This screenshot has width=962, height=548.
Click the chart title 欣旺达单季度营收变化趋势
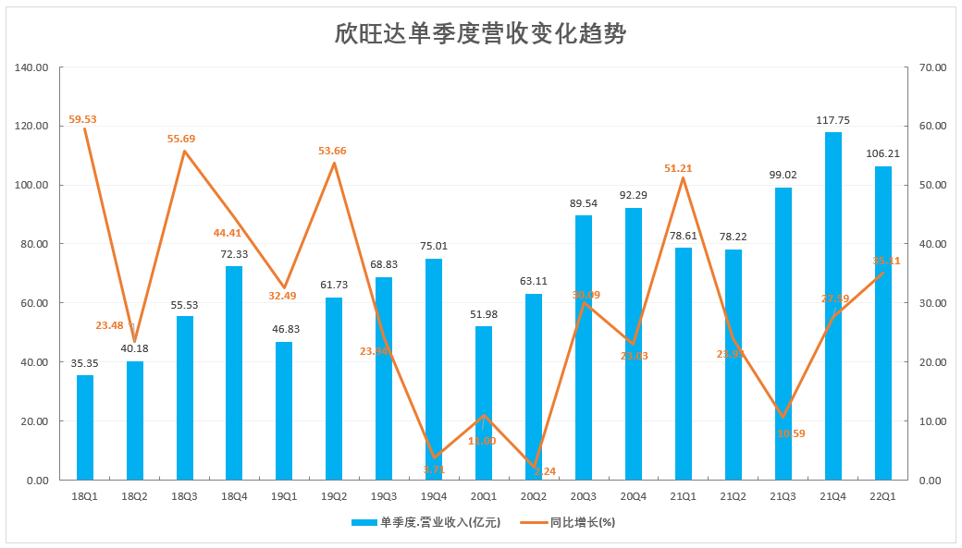click(480, 35)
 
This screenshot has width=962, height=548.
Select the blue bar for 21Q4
click(832, 306)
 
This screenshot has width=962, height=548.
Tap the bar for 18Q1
click(85, 427)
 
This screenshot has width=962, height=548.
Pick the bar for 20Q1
click(484, 403)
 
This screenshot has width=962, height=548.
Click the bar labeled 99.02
click(783, 334)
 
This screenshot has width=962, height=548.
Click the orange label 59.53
click(82, 119)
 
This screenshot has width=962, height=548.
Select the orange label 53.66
click(334, 151)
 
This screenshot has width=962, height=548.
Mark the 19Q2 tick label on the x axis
click(334, 497)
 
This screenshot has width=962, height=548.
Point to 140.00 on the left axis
click(33, 67)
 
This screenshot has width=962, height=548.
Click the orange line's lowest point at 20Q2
click(534, 467)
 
